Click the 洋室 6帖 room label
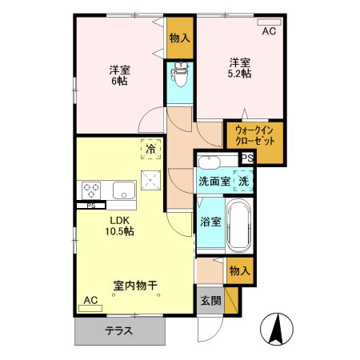(x=120, y=75)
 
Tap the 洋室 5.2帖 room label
(x=241, y=67)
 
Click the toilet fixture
(x=181, y=77)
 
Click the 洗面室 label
(x=214, y=181)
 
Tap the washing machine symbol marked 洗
(x=242, y=181)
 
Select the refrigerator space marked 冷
(x=150, y=147)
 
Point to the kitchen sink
(x=124, y=190)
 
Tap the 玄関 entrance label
(x=210, y=302)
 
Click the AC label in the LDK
(x=90, y=300)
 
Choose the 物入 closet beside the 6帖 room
(x=180, y=38)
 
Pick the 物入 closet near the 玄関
(x=240, y=271)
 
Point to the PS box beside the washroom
(x=247, y=158)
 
